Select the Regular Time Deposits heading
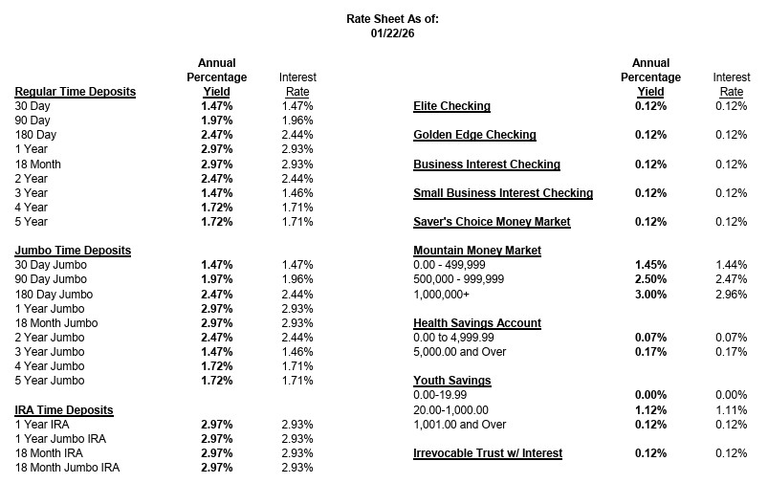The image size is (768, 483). tap(76, 92)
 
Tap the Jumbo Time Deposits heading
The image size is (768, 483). tap(73, 251)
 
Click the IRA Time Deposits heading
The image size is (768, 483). tap(64, 409)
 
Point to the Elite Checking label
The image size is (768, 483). tap(451, 106)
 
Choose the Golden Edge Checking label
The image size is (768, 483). tap(474, 135)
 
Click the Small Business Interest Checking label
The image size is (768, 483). tap(503, 193)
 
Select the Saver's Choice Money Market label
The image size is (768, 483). tap(492, 222)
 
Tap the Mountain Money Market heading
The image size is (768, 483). tap(476, 251)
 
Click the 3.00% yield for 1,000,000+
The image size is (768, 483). tap(651, 294)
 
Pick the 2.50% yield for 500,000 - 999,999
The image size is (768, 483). tap(651, 279)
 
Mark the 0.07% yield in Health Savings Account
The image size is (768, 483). tap(651, 338)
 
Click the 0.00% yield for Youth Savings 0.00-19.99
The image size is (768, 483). tap(651, 395)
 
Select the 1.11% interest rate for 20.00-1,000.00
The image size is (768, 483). tap(730, 409)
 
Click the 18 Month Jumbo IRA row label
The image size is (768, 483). tap(68, 467)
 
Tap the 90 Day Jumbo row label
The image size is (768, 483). tap(49, 279)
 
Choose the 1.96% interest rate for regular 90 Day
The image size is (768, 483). tap(297, 121)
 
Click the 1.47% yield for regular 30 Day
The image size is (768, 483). tap(216, 106)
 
